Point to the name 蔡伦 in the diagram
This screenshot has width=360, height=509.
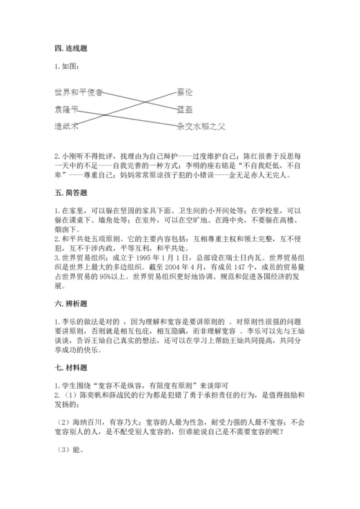pos(185,92)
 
